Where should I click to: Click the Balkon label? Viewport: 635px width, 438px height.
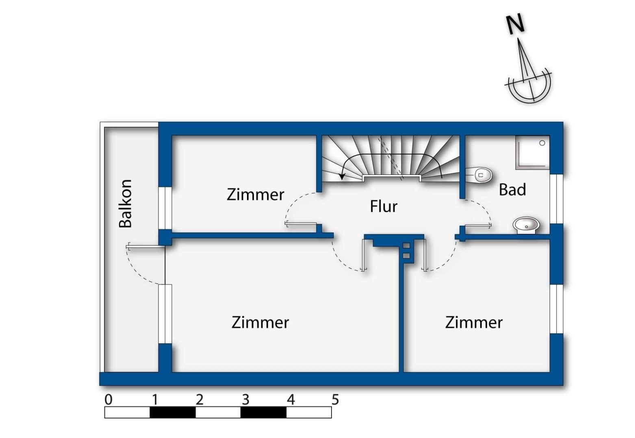coord(126,204)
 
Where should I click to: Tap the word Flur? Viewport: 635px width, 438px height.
coord(384,206)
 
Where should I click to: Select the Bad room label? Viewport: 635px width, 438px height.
coord(512,189)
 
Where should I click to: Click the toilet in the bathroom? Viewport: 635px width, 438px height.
coord(479,176)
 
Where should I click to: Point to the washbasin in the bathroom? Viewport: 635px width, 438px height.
coord(526,225)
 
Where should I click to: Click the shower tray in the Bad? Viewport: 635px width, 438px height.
coord(532,152)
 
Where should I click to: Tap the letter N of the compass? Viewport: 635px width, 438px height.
coord(515,24)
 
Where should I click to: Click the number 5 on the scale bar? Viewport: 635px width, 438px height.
coord(335,399)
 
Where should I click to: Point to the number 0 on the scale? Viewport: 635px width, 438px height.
coord(108,399)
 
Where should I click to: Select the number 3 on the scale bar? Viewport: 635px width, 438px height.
coord(245,399)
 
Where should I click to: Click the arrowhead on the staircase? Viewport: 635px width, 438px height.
coord(342,176)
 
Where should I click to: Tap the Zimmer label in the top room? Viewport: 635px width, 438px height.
coord(255,195)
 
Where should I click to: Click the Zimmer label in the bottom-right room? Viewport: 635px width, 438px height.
coord(474,322)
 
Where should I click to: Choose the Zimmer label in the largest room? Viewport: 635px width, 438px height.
coord(260,322)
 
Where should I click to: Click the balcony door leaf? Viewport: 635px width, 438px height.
coord(146,247)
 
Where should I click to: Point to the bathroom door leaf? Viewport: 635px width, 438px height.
coord(478,225)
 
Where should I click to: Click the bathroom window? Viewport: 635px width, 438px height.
coord(557,199)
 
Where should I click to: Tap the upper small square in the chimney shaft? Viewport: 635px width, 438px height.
coord(406,246)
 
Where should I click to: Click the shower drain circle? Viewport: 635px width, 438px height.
coord(542,143)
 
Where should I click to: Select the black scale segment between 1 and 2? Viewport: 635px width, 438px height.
coord(173,412)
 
